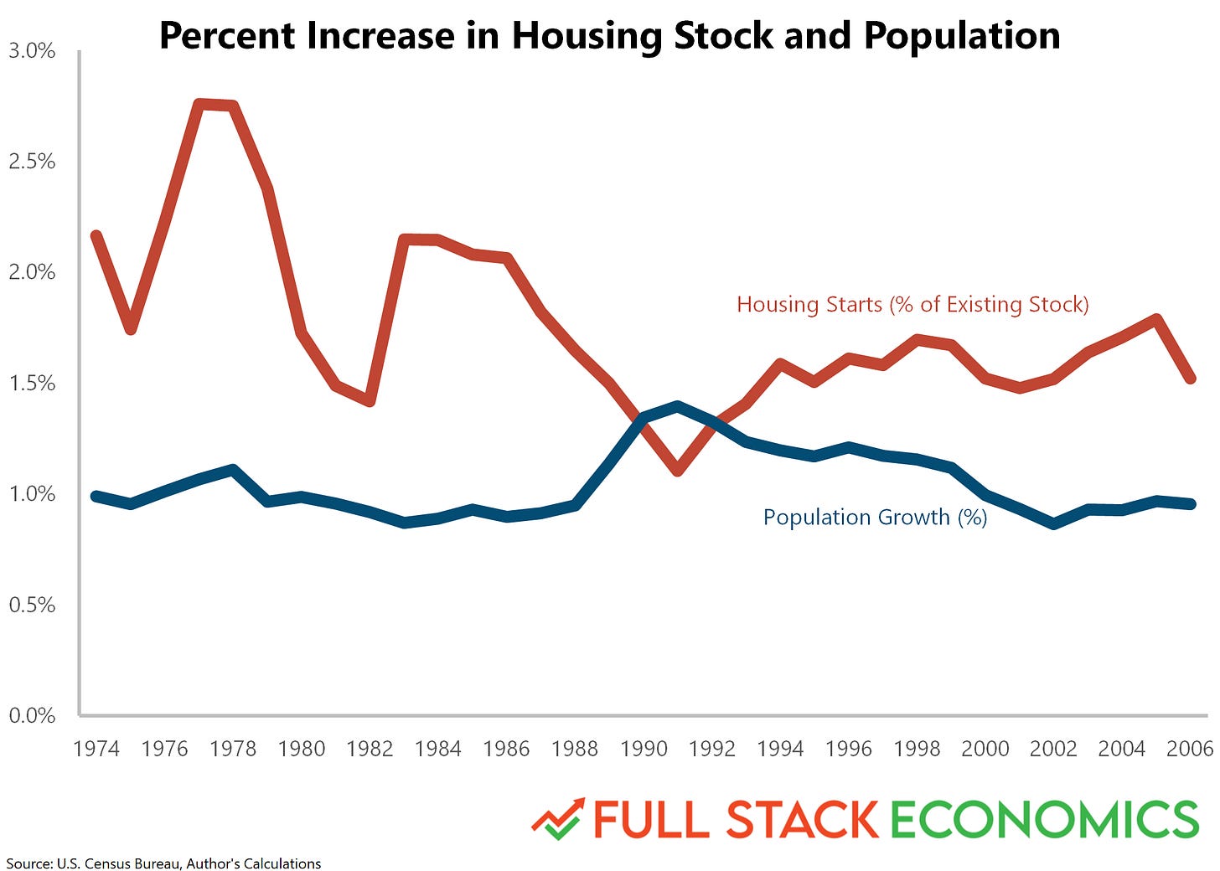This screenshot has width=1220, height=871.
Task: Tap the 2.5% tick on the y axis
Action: (32, 162)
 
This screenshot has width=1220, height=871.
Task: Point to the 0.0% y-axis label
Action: (32, 716)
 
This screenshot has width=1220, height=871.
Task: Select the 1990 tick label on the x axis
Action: (644, 749)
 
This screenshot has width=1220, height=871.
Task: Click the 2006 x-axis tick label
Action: (1190, 749)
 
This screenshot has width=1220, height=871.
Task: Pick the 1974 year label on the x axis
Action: (96, 749)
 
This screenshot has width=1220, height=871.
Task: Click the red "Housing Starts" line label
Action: (912, 305)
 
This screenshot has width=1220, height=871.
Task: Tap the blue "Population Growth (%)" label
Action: (875, 518)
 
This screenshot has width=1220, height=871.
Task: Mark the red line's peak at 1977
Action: (199, 104)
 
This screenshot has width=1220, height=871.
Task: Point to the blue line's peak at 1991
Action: (678, 405)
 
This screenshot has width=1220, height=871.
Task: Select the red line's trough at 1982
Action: (370, 401)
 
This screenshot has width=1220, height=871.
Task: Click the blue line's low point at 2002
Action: (1054, 524)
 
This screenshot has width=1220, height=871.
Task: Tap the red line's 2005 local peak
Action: (1156, 319)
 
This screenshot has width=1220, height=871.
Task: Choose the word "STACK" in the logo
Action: (802, 820)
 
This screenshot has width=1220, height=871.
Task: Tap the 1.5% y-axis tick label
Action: (32, 384)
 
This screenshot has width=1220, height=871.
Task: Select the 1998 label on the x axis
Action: (917, 749)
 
